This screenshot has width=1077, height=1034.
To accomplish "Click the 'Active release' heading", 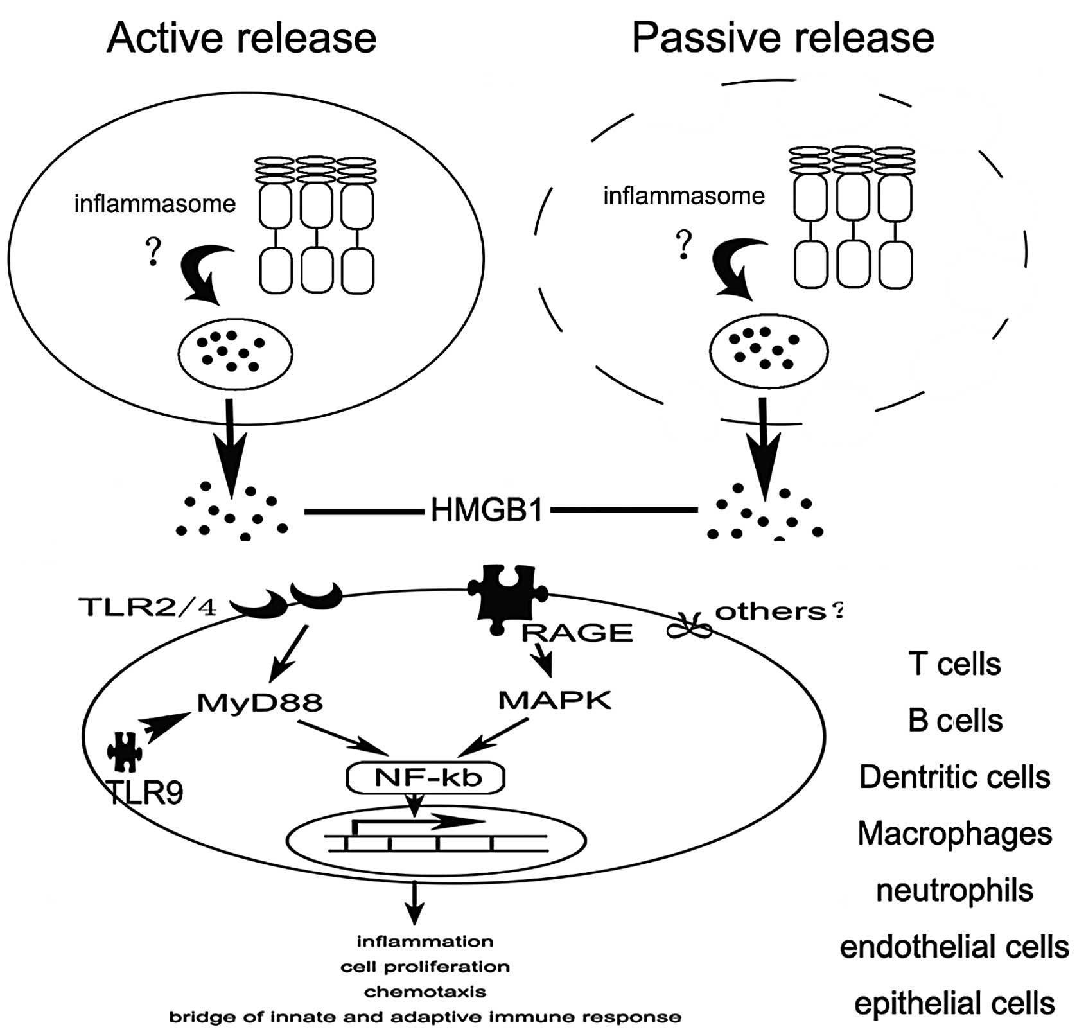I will pyautogui.click(x=241, y=39).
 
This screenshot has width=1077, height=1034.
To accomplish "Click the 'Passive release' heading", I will pyautogui.click(x=782, y=39).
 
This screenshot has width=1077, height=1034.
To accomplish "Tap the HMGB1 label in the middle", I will pyautogui.click(x=487, y=511).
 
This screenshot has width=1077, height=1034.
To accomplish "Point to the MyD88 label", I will pyautogui.click(x=259, y=703).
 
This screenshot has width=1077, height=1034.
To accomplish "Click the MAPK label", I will pyautogui.click(x=555, y=700).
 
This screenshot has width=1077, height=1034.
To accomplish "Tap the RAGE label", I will pyautogui.click(x=577, y=633).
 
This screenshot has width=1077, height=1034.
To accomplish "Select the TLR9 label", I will pyautogui.click(x=145, y=793).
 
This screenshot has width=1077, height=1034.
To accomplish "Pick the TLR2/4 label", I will pyautogui.click(x=147, y=607).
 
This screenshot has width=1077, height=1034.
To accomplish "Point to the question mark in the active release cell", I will pyautogui.click(x=153, y=252).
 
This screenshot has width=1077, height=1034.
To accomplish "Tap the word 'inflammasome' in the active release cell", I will pyautogui.click(x=155, y=204).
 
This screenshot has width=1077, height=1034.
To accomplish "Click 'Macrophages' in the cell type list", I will pyautogui.click(x=954, y=834).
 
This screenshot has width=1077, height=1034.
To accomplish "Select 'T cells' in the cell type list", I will pyautogui.click(x=954, y=664).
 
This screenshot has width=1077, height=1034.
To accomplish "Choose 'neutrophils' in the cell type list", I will pyautogui.click(x=954, y=890).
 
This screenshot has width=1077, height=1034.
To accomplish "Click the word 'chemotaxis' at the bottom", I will pyautogui.click(x=425, y=992).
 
